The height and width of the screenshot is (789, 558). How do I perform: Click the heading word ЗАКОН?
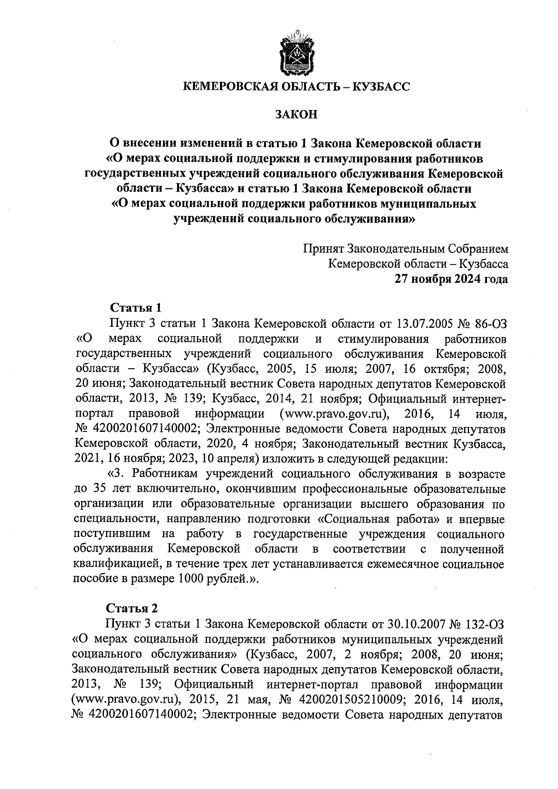pos(296,114)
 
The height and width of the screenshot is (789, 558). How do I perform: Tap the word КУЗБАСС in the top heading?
pos(382,86)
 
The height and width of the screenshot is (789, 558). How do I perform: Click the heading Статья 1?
pos(135,308)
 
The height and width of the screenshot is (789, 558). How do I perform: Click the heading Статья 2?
pos(132,608)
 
